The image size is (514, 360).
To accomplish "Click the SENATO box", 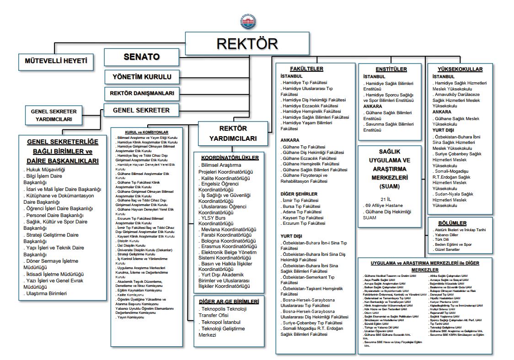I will [142, 57].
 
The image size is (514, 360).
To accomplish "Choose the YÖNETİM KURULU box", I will [142, 76].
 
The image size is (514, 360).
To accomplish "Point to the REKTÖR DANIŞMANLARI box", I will [142, 93].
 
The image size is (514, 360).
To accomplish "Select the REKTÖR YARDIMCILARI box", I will [233, 133].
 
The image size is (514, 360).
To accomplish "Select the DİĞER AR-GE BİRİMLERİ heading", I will [229, 302].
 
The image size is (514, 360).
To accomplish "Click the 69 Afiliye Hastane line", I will [388, 206].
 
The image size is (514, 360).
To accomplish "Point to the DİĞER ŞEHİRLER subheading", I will [299, 194].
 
